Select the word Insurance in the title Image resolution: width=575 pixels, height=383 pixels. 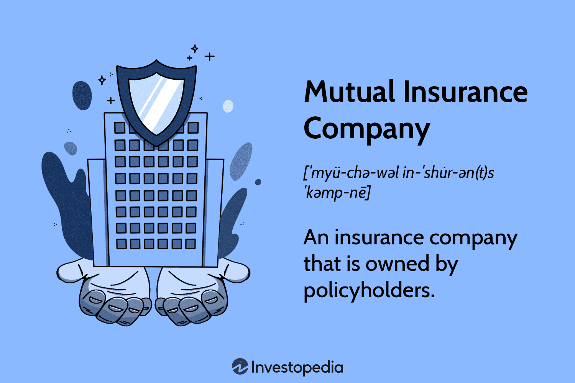coord(465,92)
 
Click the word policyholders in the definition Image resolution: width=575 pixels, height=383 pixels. coord(369,291)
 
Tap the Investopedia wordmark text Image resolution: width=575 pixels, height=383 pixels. coord(297,367)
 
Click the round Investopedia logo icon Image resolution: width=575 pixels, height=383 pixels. coord(240,366)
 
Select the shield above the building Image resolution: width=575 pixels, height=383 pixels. coord(156,103)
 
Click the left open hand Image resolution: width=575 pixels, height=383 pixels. coord(108,293)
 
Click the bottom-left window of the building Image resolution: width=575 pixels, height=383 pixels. coord(122,244)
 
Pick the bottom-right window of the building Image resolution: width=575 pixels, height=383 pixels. coord(191,244)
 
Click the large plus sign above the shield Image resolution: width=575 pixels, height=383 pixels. coord(210,56)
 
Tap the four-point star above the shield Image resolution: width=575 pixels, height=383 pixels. coord(195,49)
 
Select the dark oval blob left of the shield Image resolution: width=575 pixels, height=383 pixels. coord(82,95)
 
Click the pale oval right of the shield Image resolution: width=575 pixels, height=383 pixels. coord(228,106)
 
